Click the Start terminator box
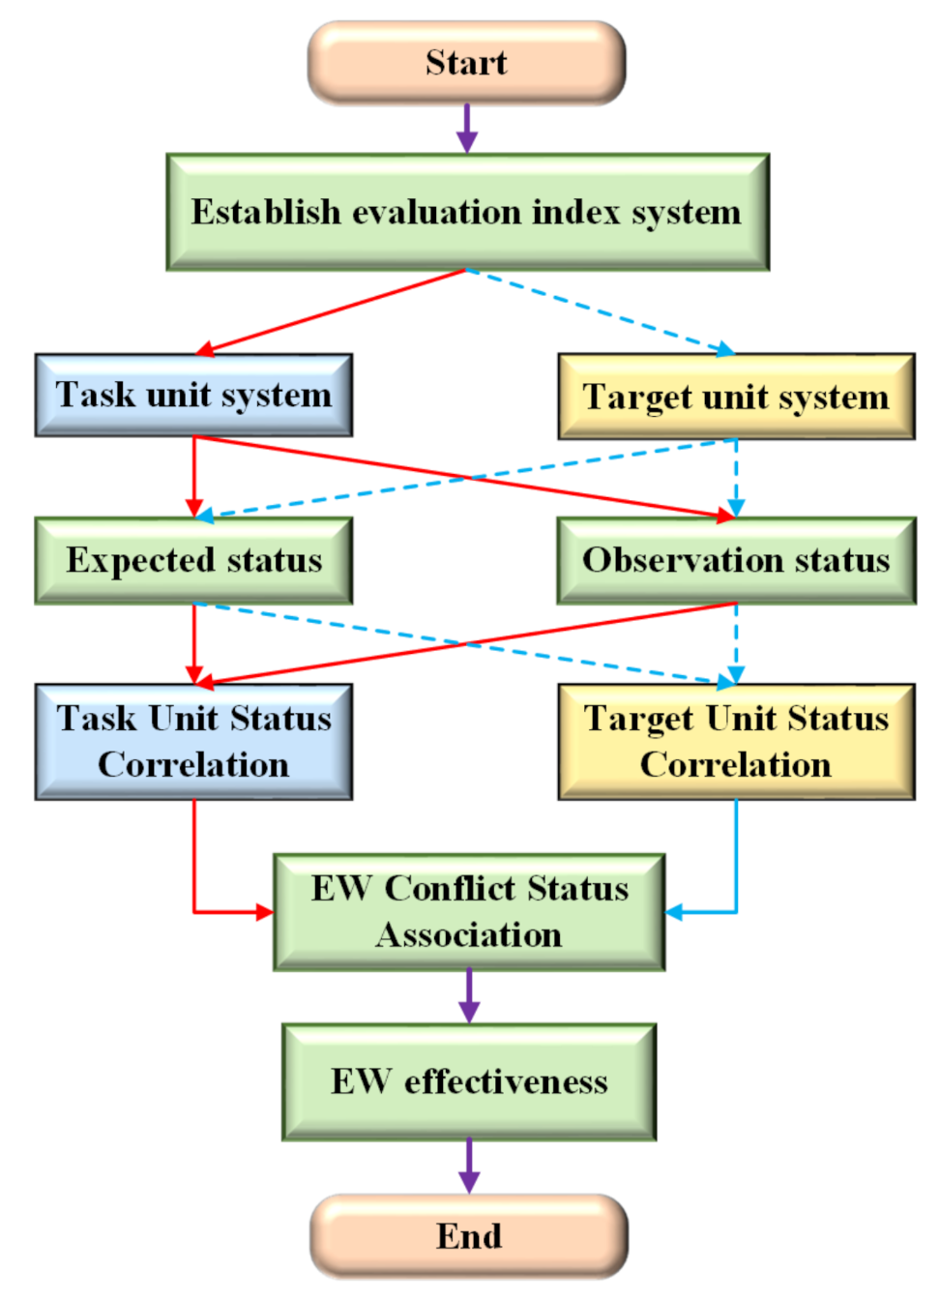pyautogui.click(x=467, y=63)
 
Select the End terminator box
pyautogui.click(x=469, y=1236)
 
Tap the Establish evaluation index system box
pyautogui.click(x=467, y=212)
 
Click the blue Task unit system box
pyautogui.click(x=193, y=395)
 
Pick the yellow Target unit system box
pyautogui.click(x=736, y=397)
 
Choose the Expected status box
pyautogui.click(x=193, y=560)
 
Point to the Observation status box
pyautogui.click(x=736, y=560)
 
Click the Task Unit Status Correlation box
pyautogui.click(x=193, y=741)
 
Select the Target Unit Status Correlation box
pyautogui.click(x=736, y=741)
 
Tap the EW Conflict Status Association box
pyautogui.click(x=469, y=911)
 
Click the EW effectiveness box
pyautogui.click(x=469, y=1081)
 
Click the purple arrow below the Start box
pyautogui.click(x=467, y=129)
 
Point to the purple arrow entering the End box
pyautogui.click(x=469, y=1167)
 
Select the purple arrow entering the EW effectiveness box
pyautogui.click(x=469, y=997)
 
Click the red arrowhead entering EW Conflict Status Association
pyautogui.click(x=264, y=911)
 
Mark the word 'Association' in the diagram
pyautogui.click(x=469, y=935)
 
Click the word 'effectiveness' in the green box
pyautogui.click(x=506, y=1081)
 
